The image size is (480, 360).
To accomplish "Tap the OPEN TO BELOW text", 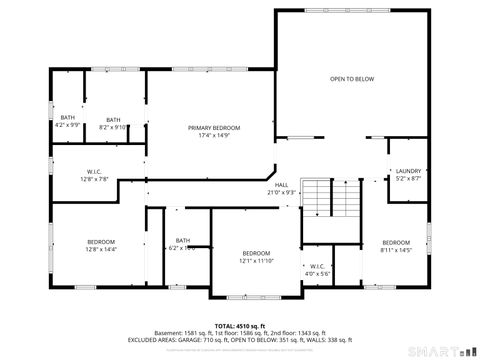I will click(x=352, y=79).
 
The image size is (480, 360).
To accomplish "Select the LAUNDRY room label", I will click(x=408, y=170).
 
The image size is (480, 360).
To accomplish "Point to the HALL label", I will click(x=282, y=184).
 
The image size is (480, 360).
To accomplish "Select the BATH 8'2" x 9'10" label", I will click(x=114, y=120).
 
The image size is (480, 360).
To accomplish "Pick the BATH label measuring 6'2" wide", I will click(x=183, y=240).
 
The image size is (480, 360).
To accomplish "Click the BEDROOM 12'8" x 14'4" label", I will click(x=100, y=242).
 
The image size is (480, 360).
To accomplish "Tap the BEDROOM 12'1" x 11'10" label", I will click(x=256, y=253).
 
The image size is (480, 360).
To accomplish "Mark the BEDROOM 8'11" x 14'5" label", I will click(x=396, y=242).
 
